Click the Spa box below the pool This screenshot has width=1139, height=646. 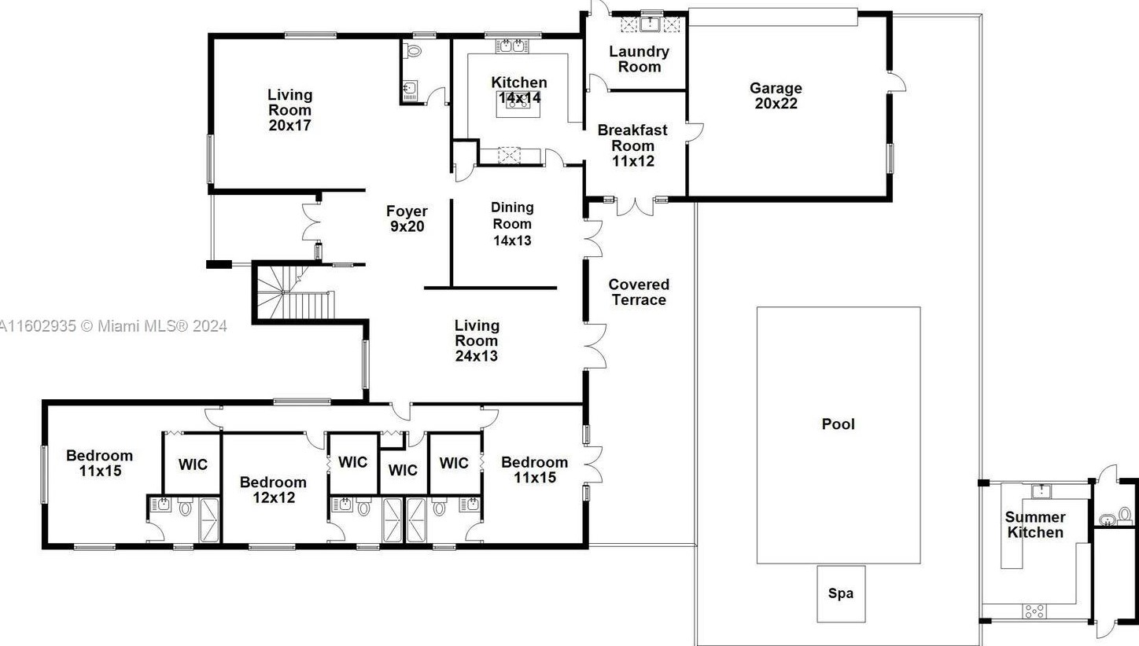tap(841, 593)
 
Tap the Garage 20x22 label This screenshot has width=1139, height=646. tap(776, 96)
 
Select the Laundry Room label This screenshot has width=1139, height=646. tap(640, 59)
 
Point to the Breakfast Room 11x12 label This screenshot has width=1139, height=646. tap(632, 145)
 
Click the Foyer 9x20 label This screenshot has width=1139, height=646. tap(407, 218)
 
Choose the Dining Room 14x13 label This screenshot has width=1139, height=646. tap(512, 223)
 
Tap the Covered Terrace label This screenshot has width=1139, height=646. tap(639, 292)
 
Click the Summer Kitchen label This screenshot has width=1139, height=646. tap(1035, 525)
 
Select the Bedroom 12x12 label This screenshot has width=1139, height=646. tap(274, 490)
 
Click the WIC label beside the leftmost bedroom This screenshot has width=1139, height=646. tap(194, 464)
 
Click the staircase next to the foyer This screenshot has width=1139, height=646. tap(295, 293)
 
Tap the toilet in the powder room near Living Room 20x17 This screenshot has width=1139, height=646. tap(414, 51)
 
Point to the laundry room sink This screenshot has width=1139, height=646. tap(651, 24)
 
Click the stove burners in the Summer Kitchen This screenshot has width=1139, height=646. tap(1034, 611)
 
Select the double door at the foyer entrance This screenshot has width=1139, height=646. tap(311, 222)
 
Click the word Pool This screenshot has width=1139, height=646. tap(838, 424)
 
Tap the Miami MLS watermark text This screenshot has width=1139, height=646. tap(113, 326)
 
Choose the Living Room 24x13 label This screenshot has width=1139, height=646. tap(477, 340)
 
